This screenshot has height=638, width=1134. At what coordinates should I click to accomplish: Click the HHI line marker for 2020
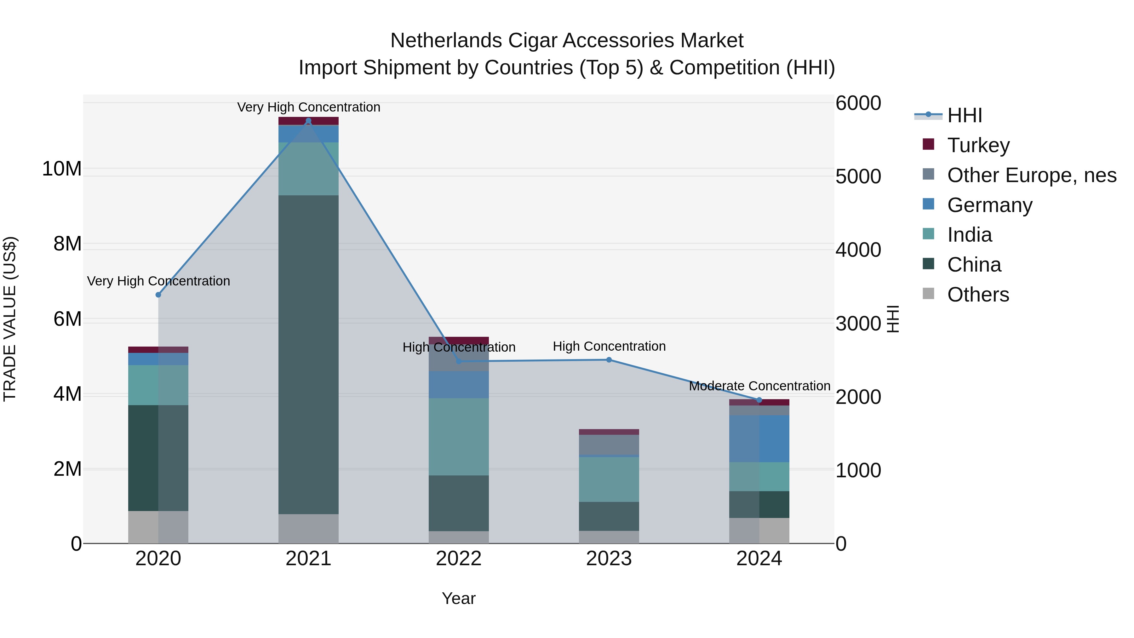click(x=158, y=295)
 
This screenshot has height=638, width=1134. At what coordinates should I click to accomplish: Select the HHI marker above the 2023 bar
click(x=609, y=360)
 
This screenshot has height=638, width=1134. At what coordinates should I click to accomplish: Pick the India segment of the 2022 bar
click(x=458, y=436)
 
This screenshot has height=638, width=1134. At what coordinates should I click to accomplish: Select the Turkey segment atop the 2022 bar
click(x=458, y=340)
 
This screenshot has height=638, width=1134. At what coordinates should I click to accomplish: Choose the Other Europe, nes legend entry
click(x=1031, y=175)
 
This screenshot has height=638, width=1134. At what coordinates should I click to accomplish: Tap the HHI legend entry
click(x=964, y=115)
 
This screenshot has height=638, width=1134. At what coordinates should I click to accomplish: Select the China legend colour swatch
click(x=928, y=264)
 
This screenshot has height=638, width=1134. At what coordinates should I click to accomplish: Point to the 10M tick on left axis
click(x=62, y=169)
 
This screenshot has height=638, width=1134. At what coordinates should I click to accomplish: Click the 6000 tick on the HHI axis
click(x=858, y=103)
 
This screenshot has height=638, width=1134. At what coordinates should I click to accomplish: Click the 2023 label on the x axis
click(x=609, y=559)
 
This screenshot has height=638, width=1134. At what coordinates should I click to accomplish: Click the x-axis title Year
click(x=458, y=598)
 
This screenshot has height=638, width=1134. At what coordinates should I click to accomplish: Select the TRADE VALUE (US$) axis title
click(x=10, y=319)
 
